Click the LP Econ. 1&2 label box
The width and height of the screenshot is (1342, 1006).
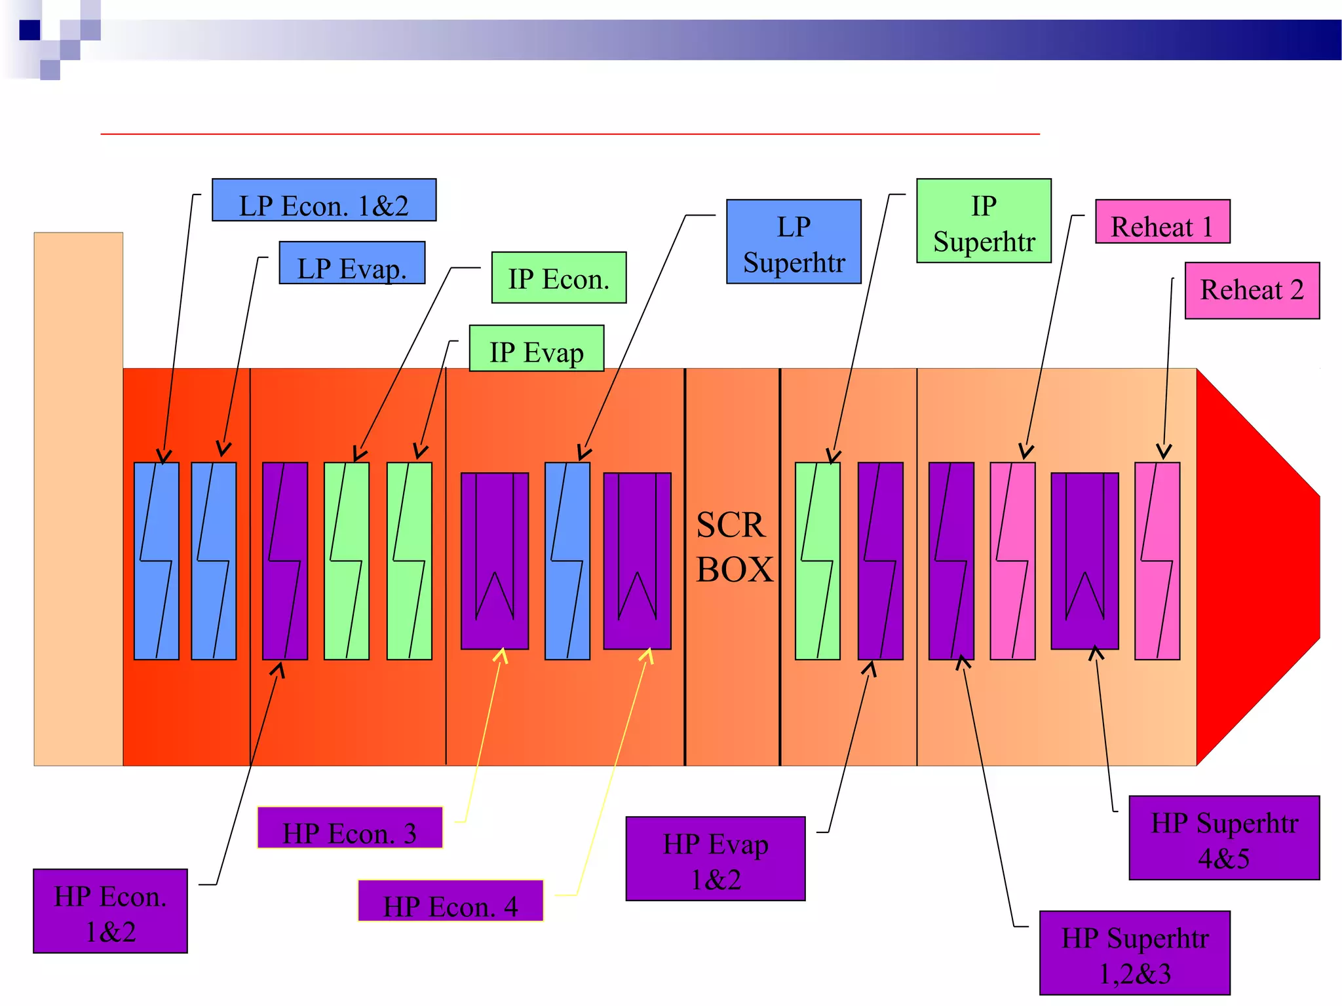coord(324,200)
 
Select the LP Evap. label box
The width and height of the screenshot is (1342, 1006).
coord(352,263)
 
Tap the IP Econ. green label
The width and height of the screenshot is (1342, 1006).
coord(559,278)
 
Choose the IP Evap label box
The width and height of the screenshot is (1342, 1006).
coord(536,348)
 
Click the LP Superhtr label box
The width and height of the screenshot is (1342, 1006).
coord(794,242)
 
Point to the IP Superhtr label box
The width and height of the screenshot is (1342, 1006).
coord(984,221)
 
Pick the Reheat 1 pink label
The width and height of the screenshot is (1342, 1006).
coord(1162,222)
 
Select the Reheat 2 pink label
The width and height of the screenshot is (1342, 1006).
coord(1252,291)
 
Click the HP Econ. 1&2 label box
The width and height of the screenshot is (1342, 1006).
coord(110,911)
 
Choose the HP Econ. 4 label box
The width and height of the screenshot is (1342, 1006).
coord(451,901)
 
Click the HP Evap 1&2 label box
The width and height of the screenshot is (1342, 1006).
coord(716,859)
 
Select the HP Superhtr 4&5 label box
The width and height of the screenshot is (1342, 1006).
coord(1224,838)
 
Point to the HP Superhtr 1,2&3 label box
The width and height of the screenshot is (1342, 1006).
coord(1134,953)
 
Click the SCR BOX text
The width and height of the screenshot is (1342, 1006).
coord(733,547)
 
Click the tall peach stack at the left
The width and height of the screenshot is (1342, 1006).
coord(78,498)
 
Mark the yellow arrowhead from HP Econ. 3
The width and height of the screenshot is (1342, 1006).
coord(501,654)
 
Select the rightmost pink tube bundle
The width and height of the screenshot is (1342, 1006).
coord(1157,561)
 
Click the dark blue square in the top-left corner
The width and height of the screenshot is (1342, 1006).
coord(29,30)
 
